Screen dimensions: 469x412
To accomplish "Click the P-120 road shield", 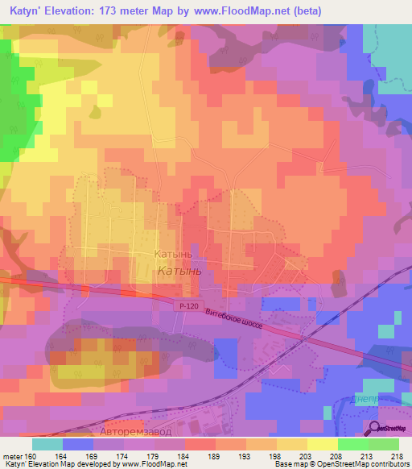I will pyautogui.click(x=186, y=305).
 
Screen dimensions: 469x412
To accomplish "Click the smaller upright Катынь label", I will pyautogui.click(x=172, y=253).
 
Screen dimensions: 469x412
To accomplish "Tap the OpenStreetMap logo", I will pyautogui.click(x=388, y=429).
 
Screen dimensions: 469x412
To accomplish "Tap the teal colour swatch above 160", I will pyautogui.click(x=47, y=443).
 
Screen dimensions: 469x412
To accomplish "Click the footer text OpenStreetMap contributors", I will pyautogui.click(x=353, y=464).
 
